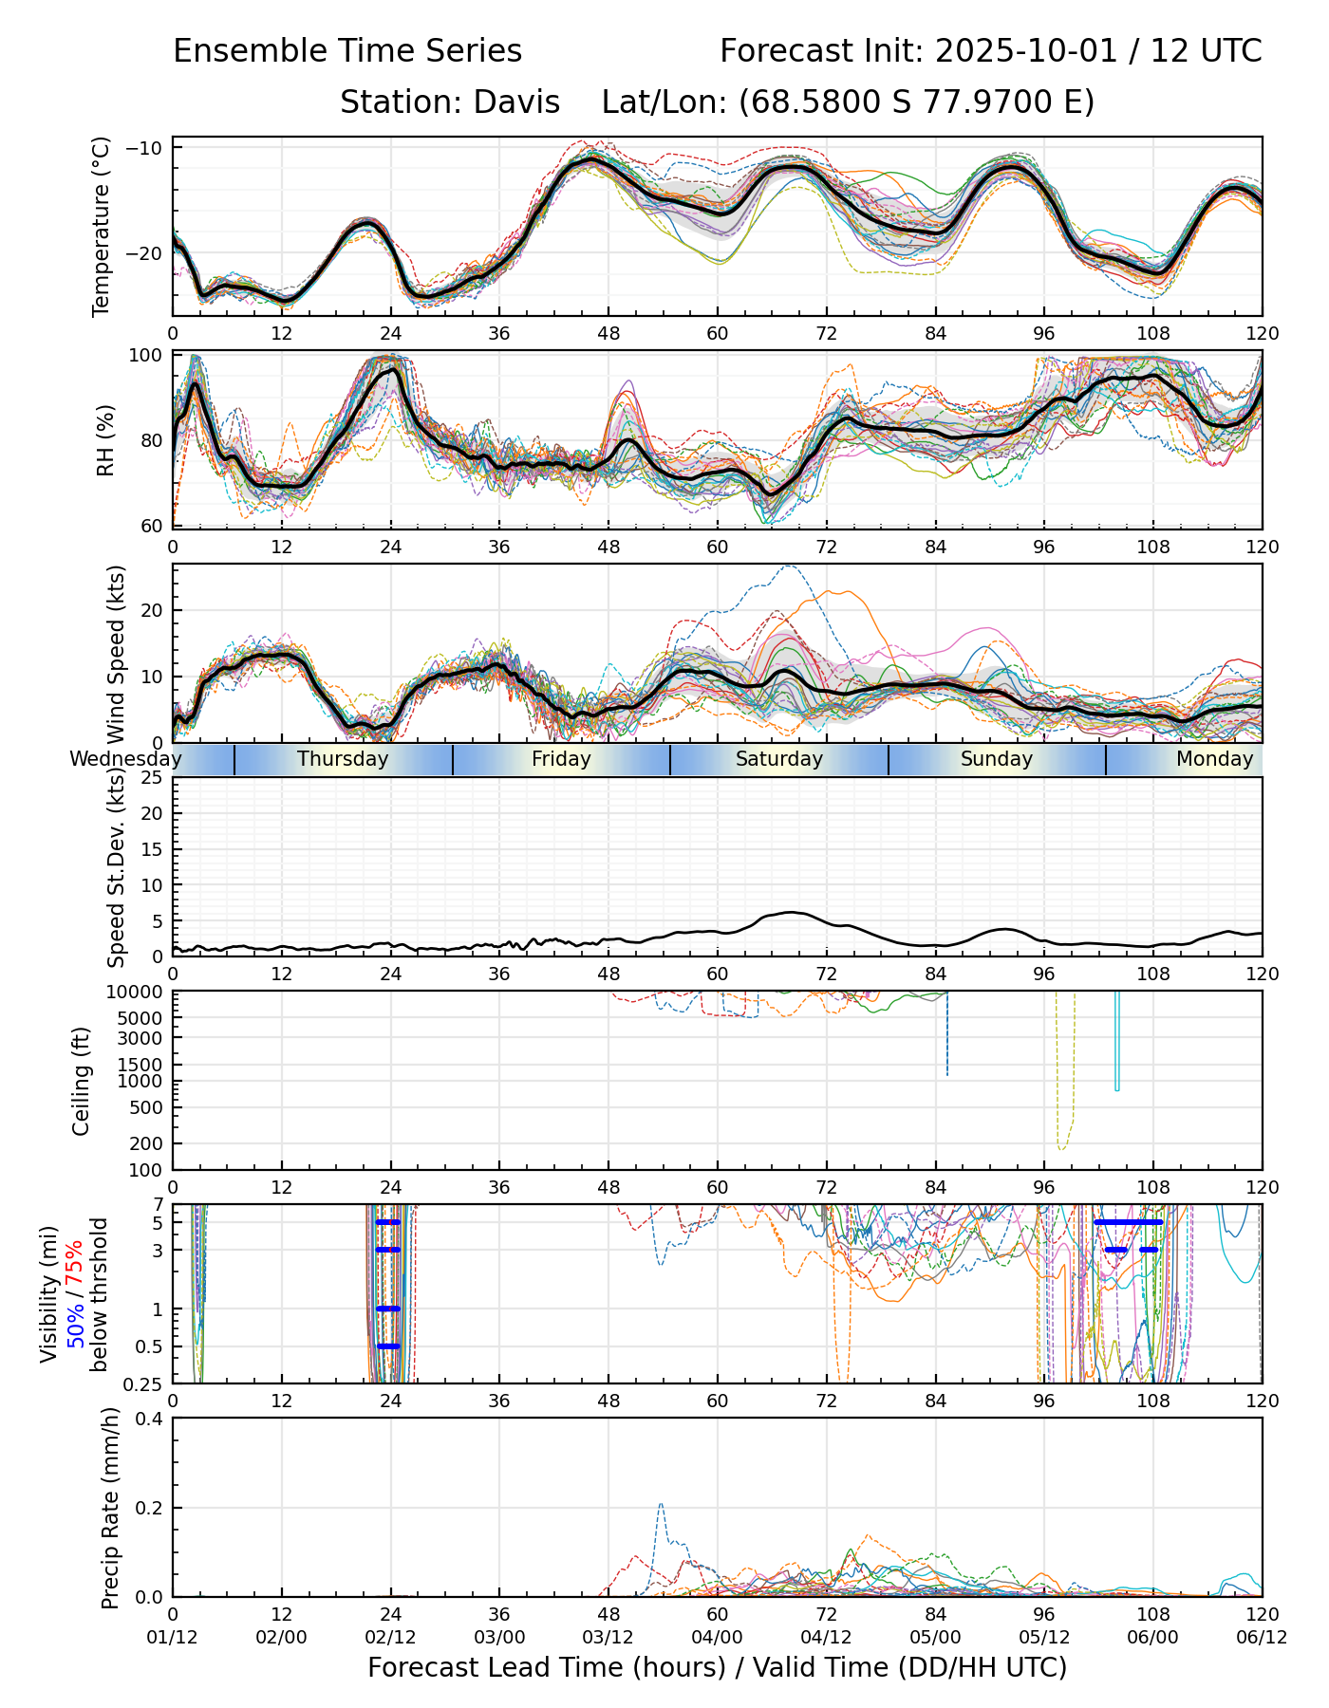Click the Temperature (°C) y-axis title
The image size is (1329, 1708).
point(102,226)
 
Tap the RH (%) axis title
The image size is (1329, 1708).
point(105,440)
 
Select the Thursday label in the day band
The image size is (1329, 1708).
point(343,759)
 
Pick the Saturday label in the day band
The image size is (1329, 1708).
point(779,759)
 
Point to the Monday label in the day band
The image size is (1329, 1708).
point(1214,759)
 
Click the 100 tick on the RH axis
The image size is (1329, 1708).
point(146,356)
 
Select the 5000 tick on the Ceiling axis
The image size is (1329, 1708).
point(142,1018)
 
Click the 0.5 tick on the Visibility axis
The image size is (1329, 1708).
point(147,1346)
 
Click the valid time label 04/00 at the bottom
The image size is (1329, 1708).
point(717,1637)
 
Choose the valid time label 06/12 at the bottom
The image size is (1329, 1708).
point(1262,1637)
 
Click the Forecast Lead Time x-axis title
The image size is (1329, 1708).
point(717,1667)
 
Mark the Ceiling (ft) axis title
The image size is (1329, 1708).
point(82,1081)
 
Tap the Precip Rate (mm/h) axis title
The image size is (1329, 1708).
point(110,1507)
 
